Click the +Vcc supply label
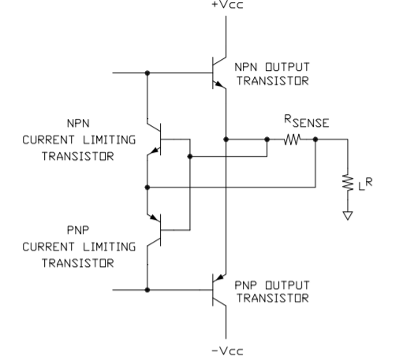227,5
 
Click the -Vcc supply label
227,351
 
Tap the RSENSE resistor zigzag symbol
292,139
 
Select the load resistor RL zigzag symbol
348,182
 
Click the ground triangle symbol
348,216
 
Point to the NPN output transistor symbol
219,72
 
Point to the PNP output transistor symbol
219,290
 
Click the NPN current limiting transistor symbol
155,139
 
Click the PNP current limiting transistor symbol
155,230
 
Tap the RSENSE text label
307,121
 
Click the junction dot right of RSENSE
315,139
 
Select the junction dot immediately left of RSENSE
267,139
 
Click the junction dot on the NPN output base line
147,72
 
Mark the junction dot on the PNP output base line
147,290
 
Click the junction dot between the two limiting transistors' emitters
147,187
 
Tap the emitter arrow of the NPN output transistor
218,84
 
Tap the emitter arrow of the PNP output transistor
220,278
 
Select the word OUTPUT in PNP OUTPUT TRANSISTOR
287,285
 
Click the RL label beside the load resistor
365,184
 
